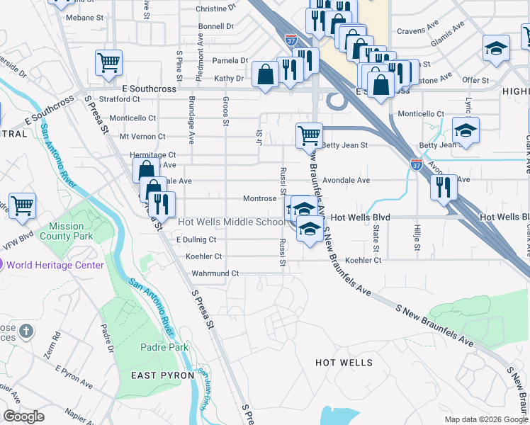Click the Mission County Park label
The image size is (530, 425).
click(x=66, y=231)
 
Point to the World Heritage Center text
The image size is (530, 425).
click(x=55, y=265)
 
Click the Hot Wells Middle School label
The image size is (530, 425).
click(x=231, y=222)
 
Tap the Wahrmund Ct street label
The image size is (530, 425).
click(x=215, y=273)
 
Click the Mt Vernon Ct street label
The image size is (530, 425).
click(x=142, y=136)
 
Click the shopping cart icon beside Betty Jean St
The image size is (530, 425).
click(x=309, y=135)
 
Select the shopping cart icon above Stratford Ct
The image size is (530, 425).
click(x=108, y=62)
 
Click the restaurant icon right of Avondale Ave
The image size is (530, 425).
click(x=444, y=187)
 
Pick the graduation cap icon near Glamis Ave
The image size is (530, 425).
click(x=496, y=49)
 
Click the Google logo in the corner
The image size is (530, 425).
click(x=23, y=416)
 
